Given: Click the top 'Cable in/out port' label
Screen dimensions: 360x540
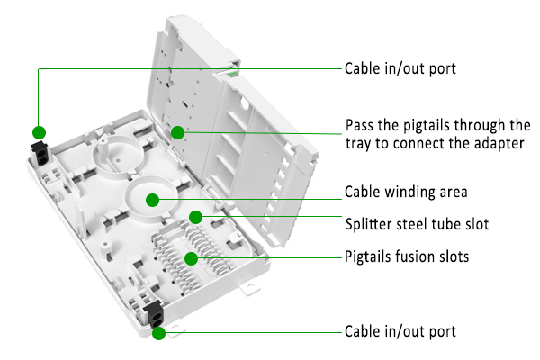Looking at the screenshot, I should click(x=400, y=69).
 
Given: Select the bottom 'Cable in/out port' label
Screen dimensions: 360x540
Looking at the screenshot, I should click(x=400, y=332).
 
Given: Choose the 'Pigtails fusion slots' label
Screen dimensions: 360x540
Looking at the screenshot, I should click(x=407, y=257).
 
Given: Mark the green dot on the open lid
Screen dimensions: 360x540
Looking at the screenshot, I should click(x=178, y=131).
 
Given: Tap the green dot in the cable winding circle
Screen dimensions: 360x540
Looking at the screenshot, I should click(x=153, y=199).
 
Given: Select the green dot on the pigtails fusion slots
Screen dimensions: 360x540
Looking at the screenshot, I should click(x=191, y=259).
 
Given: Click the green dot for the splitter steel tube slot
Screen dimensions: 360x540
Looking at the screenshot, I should click(x=195, y=217).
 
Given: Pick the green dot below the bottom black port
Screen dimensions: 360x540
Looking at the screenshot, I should click(x=158, y=333).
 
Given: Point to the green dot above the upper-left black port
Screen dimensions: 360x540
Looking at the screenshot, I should click(x=39, y=131).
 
